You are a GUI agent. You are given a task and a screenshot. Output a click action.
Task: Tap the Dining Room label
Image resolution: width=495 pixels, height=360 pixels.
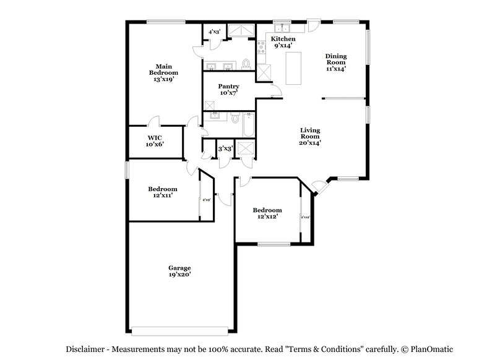336,59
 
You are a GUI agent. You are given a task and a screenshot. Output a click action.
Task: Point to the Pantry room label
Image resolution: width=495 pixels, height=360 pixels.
228,86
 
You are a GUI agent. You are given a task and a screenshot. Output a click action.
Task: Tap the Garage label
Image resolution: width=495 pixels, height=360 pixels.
179,268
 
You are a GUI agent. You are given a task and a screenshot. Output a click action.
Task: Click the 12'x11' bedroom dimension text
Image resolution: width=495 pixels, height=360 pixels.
162,195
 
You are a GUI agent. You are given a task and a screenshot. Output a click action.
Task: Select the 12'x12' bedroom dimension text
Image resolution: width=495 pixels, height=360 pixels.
267,216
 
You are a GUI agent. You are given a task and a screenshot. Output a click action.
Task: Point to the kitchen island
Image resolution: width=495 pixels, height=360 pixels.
293,67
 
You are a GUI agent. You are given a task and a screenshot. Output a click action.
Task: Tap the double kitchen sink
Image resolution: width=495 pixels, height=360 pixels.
282,28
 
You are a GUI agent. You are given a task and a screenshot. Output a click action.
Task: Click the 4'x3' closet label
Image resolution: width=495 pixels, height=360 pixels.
214,31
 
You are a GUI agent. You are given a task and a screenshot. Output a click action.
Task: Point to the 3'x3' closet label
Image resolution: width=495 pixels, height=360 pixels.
225,148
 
